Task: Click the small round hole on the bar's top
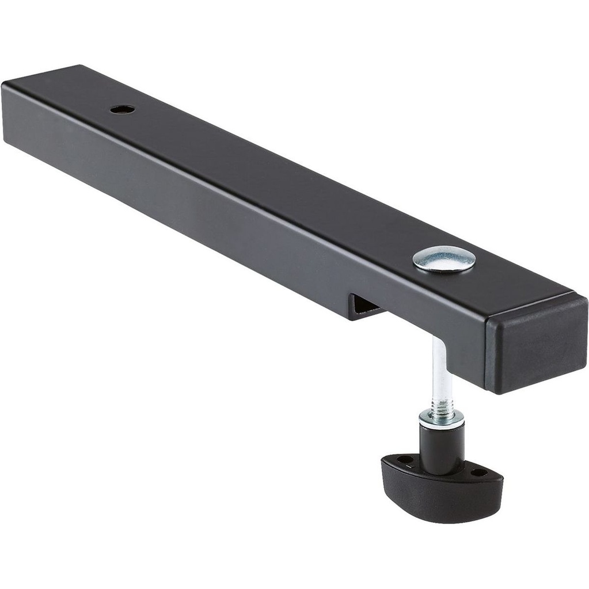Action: coord(123,109)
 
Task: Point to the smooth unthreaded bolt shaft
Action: coord(439,368)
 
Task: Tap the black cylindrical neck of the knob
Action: coord(442,446)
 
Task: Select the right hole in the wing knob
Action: coord(478,472)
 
